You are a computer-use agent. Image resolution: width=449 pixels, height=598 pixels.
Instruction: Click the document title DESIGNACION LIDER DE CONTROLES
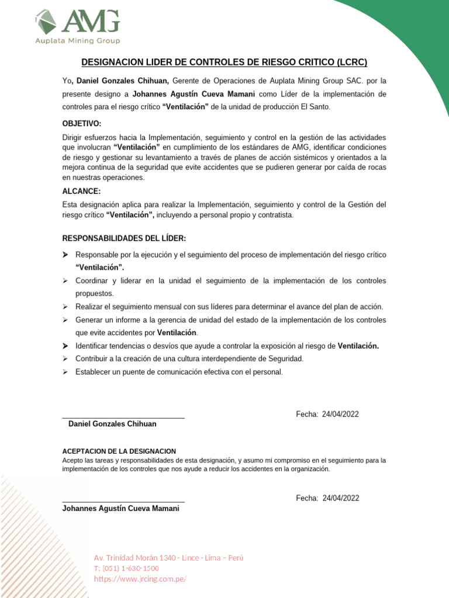224,62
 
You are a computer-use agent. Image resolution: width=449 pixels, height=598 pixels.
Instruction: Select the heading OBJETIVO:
82,124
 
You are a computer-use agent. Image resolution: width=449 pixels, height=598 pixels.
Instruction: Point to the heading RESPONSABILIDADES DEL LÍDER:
124,238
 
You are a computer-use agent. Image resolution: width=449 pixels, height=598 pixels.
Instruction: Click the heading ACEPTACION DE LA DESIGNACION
119,451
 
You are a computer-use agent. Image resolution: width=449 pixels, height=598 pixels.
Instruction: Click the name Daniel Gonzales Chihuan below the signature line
112,424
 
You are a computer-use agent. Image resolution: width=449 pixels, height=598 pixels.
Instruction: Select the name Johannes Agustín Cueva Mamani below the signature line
120,508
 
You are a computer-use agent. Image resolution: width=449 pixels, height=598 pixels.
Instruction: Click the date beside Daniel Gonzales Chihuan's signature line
327,414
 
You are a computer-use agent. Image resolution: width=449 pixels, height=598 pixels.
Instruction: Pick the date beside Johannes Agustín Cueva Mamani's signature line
327,498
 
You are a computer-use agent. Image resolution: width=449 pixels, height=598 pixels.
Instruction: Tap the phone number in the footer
126,568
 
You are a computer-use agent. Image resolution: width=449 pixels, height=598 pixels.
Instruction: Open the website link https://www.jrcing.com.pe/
140,579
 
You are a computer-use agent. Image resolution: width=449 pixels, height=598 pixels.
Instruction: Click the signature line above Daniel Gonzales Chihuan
123,418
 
